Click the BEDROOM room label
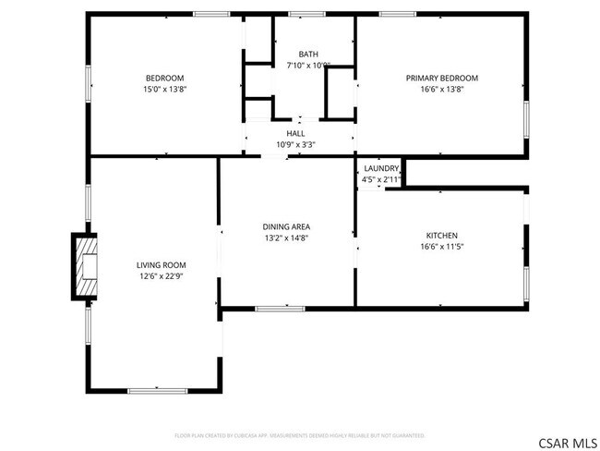164,78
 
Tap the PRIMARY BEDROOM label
441,78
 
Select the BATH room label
307,54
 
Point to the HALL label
295,133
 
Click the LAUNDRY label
381,168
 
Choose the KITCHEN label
441,236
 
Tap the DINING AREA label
286,226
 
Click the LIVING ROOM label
155,264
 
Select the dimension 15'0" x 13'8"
164,91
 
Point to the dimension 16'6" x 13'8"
441,91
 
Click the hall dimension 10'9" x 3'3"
295,145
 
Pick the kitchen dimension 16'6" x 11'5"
441,248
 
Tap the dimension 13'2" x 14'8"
286,238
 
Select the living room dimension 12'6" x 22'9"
155,276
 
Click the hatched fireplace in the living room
86,266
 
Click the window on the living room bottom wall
158,391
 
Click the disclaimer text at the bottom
299,434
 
